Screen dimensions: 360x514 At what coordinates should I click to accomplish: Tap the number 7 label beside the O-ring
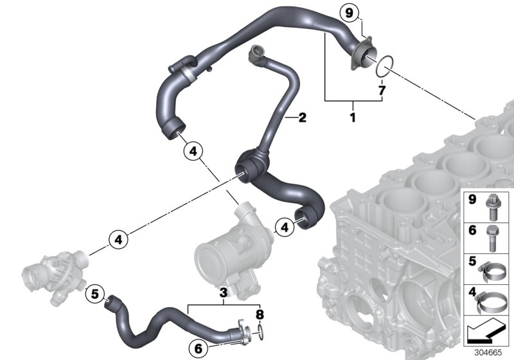coord(382,91)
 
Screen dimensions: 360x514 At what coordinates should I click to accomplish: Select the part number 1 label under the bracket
coord(351,118)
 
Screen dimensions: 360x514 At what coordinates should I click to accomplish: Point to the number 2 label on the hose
coord(302,118)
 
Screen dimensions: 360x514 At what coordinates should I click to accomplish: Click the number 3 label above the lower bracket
coord(223,294)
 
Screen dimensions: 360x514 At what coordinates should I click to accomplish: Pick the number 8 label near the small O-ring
coord(259,315)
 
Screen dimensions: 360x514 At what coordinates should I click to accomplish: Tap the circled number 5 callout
coord(94,294)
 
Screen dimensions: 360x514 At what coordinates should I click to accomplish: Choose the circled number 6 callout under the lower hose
coord(199,348)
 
